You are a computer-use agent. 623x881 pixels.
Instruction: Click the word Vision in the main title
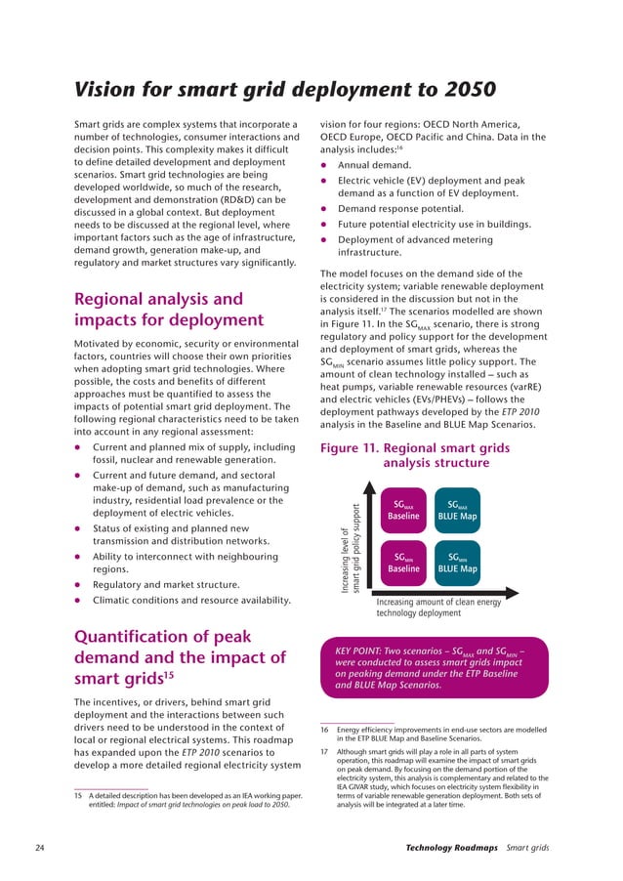(x=110, y=90)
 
